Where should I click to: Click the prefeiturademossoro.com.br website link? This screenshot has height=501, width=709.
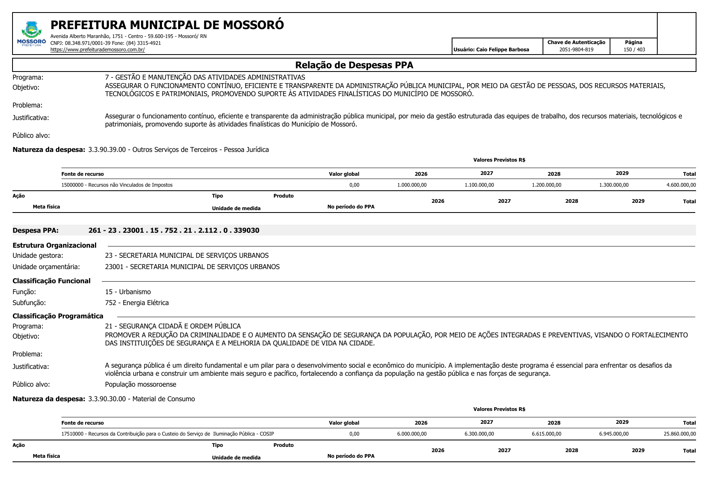(x=97, y=50)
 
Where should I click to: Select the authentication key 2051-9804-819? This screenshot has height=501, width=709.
(x=576, y=50)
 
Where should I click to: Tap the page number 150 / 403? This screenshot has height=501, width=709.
(x=634, y=50)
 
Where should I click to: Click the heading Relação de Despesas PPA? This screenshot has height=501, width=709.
(x=354, y=65)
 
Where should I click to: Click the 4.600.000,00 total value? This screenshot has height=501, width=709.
(x=681, y=185)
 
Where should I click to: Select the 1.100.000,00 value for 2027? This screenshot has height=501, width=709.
(x=479, y=185)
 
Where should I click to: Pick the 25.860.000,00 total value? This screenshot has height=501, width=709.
(x=680, y=434)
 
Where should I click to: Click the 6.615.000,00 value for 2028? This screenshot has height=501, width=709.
(x=546, y=434)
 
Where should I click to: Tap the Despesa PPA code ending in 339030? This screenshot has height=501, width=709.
(x=174, y=230)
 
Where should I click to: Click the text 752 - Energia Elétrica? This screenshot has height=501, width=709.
(x=137, y=303)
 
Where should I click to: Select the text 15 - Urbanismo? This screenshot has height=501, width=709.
(x=128, y=292)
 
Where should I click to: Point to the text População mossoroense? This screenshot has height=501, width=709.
(x=141, y=384)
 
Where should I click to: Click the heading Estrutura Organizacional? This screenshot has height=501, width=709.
(x=55, y=245)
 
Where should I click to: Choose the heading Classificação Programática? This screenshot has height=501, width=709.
(x=58, y=316)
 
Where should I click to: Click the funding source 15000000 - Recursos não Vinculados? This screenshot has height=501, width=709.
(x=117, y=185)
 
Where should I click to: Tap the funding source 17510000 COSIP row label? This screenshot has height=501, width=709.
(x=167, y=434)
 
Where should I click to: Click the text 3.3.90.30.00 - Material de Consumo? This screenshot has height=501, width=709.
(x=141, y=399)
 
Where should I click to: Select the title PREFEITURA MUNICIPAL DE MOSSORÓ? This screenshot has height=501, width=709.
(x=167, y=25)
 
